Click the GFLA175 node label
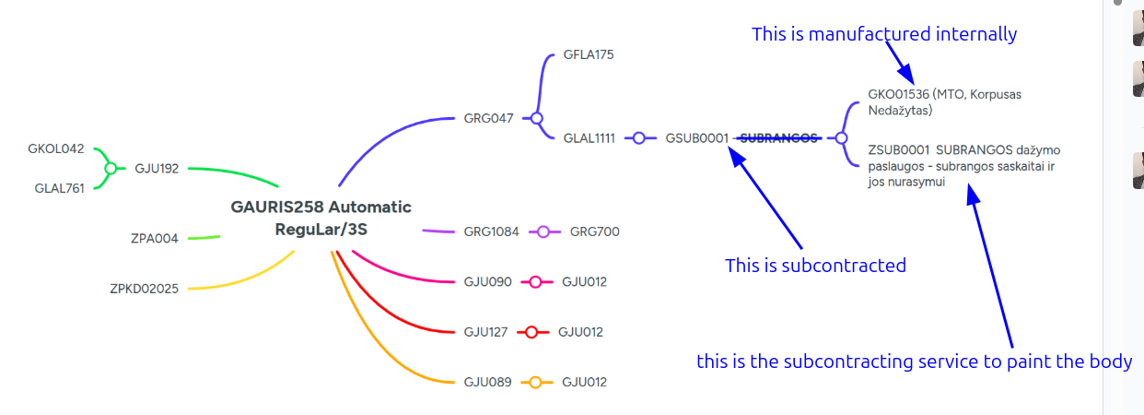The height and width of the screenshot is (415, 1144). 589,54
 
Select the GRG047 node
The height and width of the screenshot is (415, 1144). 488,119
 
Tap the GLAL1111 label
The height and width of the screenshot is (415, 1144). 589,138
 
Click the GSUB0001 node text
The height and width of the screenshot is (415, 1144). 696,138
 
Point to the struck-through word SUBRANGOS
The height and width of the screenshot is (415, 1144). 779,138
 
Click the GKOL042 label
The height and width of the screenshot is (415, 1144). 55,148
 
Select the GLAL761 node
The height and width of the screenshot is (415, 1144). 59,188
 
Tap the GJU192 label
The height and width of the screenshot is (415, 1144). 157,169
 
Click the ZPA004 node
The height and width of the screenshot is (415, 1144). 154,239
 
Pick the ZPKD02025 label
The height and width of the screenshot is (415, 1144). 144,289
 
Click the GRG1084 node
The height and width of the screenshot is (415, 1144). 491,232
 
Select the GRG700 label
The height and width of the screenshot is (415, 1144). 594,232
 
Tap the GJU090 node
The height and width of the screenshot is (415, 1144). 487,282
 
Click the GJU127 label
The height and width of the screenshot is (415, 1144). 485,332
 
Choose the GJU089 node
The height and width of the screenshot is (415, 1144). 487,383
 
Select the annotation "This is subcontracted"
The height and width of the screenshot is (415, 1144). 815,266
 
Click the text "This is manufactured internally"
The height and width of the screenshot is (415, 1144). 884,34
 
